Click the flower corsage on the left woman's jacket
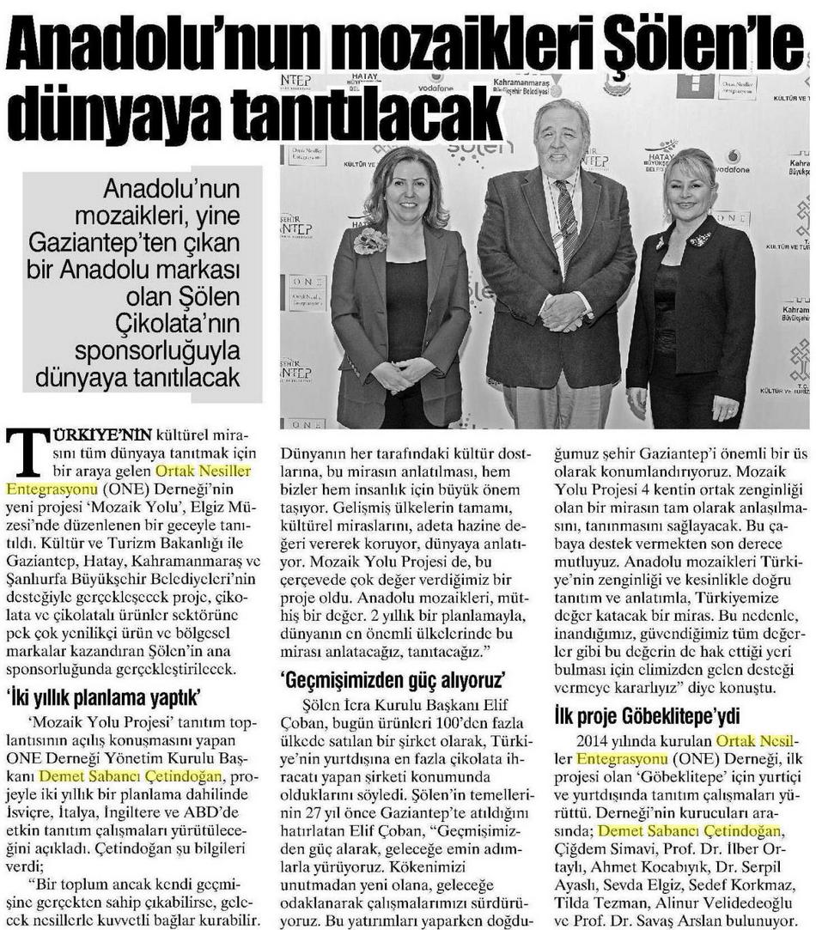(x=370, y=240)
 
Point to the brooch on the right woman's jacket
(x=699, y=238)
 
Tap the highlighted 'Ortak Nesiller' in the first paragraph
(x=210, y=471)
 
